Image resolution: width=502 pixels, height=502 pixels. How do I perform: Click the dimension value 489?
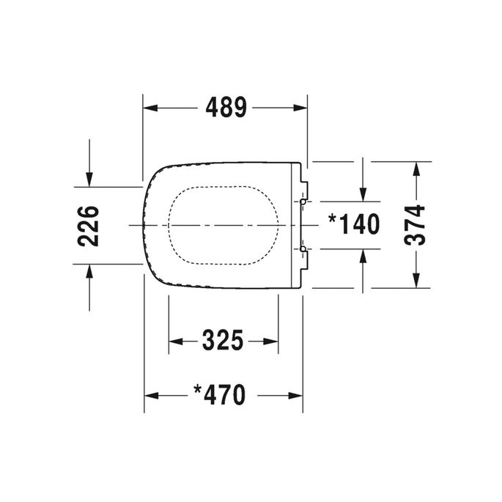225,108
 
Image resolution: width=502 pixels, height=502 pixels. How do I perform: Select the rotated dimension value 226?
89,226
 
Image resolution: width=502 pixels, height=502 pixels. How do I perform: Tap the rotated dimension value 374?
416,226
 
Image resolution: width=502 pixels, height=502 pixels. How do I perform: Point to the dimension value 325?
222,341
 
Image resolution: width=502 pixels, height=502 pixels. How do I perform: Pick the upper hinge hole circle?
303,201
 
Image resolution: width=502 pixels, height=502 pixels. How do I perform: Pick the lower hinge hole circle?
303,249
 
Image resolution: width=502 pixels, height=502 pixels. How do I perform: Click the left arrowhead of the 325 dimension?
176,341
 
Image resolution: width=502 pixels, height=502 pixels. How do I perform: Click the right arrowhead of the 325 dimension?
271,341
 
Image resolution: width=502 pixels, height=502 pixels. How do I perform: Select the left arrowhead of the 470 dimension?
151,396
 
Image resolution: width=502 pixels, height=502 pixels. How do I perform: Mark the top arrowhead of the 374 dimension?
416,169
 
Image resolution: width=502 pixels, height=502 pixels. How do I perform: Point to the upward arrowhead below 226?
89,272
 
